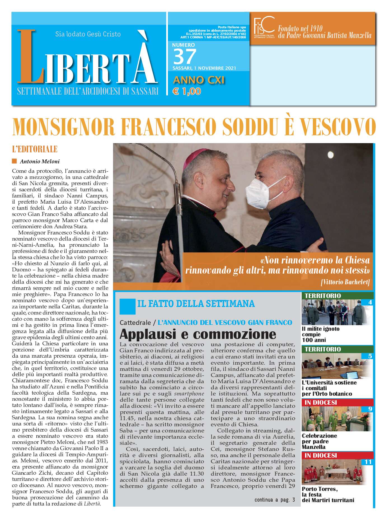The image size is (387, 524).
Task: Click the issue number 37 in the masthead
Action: point(185,57)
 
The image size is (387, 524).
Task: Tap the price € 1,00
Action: point(187,91)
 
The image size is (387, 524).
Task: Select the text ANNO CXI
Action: point(199,80)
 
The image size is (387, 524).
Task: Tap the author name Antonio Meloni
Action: point(40,161)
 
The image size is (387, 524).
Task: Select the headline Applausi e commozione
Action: point(198,334)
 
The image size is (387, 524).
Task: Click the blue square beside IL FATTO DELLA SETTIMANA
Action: point(127,306)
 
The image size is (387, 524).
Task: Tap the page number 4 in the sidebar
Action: point(370,302)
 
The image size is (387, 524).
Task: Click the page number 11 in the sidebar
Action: point(368,462)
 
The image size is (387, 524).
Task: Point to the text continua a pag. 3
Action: point(275,500)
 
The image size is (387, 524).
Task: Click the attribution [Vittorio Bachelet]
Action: point(345,282)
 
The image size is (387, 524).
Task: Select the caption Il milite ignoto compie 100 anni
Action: point(321,334)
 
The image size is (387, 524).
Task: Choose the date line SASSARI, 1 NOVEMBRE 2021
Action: point(204,68)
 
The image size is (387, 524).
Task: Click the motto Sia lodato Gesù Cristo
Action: point(88,34)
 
